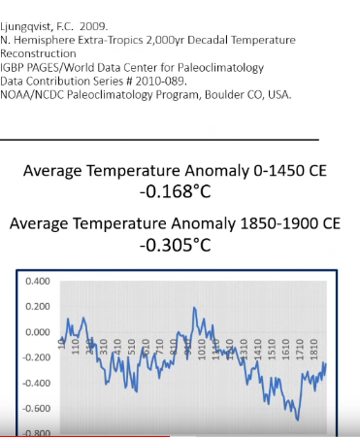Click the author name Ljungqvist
[x=28, y=14]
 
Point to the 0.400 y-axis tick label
[x=38, y=282]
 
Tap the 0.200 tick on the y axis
[x=38, y=307]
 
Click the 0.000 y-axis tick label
[x=38, y=332]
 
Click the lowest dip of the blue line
[x=298, y=419]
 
